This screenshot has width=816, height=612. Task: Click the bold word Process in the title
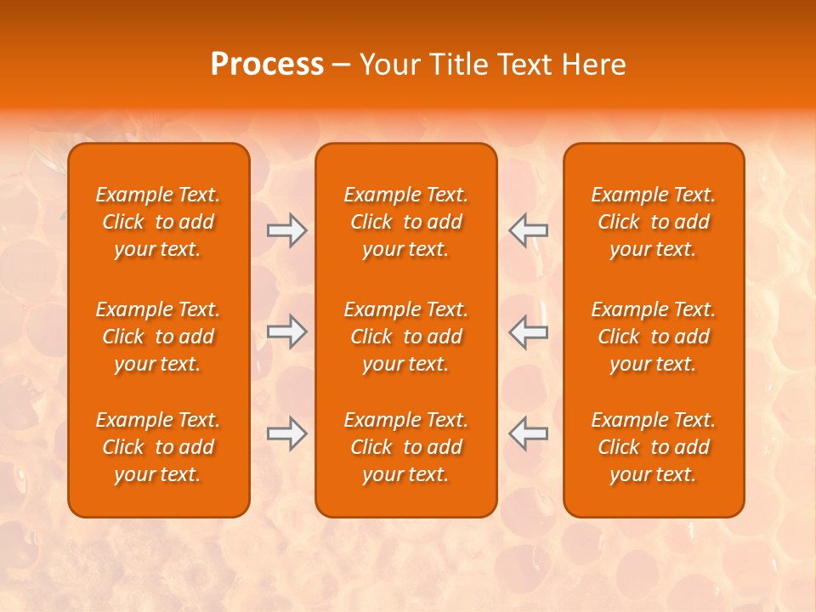pyautogui.click(x=267, y=65)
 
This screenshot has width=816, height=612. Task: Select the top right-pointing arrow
pyautogui.click(x=286, y=230)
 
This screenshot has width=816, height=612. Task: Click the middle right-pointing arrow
pyautogui.click(x=286, y=331)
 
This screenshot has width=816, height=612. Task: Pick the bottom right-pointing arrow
pyautogui.click(x=286, y=433)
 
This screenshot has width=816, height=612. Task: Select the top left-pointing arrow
pyautogui.click(x=529, y=230)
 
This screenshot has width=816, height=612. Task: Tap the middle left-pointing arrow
pyautogui.click(x=529, y=331)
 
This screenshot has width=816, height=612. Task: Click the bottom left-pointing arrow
pyautogui.click(x=529, y=433)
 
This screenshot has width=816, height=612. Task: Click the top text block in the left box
pyautogui.click(x=158, y=222)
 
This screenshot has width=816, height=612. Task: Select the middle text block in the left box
pyautogui.click(x=158, y=337)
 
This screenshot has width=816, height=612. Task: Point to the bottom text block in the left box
pyautogui.click(x=158, y=447)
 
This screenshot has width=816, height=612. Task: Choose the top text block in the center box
pyautogui.click(x=406, y=222)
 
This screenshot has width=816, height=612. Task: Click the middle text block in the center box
pyautogui.click(x=406, y=337)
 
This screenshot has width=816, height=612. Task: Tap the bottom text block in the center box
pyautogui.click(x=406, y=447)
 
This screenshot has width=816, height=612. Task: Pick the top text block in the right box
pyautogui.click(x=654, y=222)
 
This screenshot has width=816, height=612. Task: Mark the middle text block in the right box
pyautogui.click(x=654, y=337)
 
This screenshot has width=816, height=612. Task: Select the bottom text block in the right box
pyautogui.click(x=654, y=447)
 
